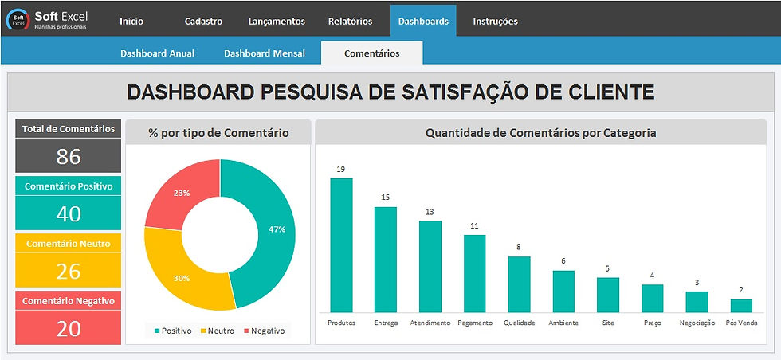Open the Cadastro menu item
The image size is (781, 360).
[x=203, y=22]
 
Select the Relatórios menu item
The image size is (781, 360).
[x=351, y=22]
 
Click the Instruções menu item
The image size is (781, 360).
[x=495, y=22]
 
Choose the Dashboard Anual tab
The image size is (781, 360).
[x=157, y=53]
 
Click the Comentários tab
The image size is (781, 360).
[x=371, y=53]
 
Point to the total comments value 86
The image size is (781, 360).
[x=69, y=156]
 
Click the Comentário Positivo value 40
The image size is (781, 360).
[x=69, y=213]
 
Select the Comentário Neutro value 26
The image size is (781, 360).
[x=69, y=271]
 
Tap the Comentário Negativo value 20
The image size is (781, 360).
[x=69, y=327]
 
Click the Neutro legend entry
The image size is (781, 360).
[x=218, y=330]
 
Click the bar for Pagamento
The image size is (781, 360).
[x=474, y=272]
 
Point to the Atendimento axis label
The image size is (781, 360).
[x=430, y=323]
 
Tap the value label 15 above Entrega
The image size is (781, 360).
[x=386, y=198]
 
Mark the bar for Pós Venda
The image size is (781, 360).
[x=741, y=305]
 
